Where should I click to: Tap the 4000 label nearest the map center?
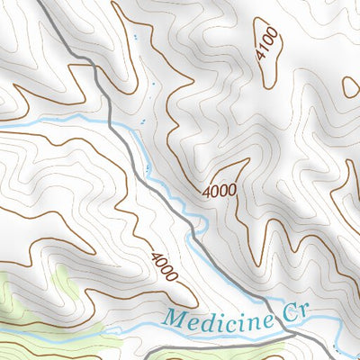[219, 190]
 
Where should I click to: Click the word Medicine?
[215, 318]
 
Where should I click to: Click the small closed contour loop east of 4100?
[351, 86]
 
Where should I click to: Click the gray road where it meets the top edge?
[47, 2]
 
